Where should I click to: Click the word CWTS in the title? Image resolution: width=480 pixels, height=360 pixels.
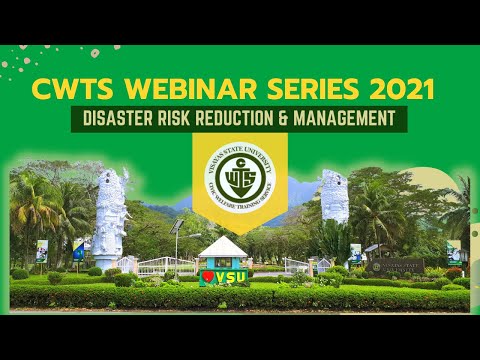(72, 89)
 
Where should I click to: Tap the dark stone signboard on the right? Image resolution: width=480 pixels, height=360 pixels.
(397, 267)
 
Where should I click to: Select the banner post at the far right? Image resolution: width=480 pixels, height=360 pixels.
(454, 252)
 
